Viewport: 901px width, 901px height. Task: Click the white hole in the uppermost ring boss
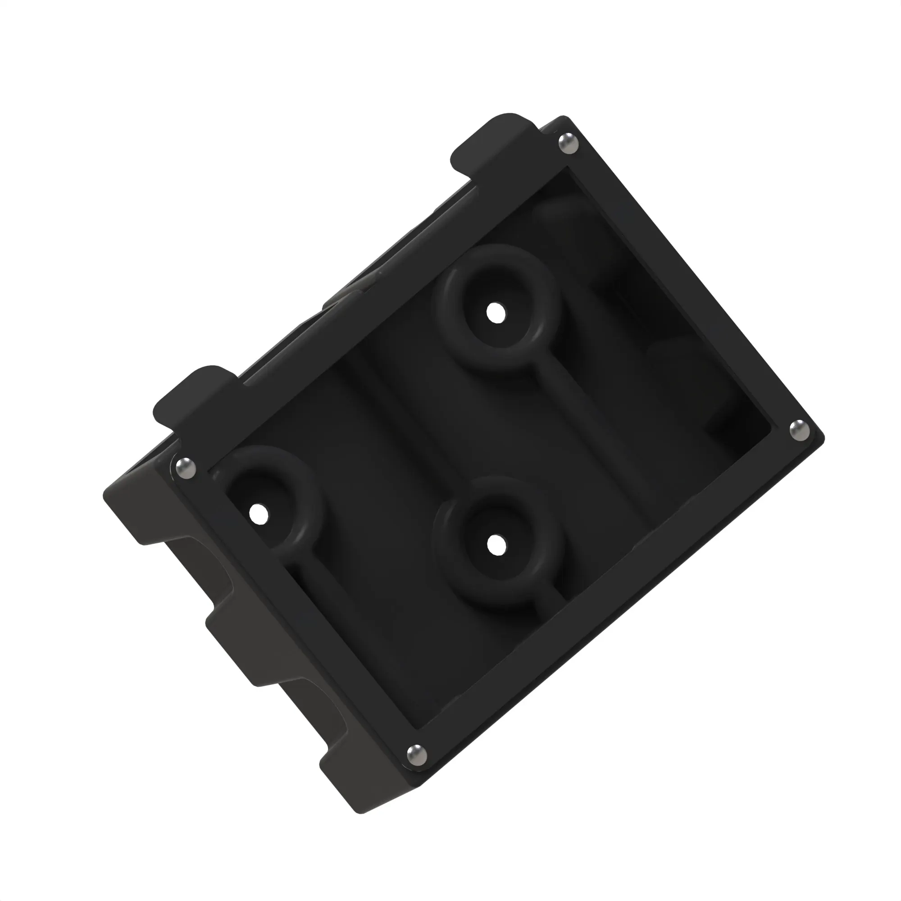click(x=496, y=313)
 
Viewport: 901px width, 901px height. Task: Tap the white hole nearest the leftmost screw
click(x=258, y=514)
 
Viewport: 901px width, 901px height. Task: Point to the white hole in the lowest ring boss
click(x=496, y=544)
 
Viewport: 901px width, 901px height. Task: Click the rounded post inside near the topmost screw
click(x=560, y=219)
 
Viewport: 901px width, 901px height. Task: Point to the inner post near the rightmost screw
click(x=728, y=420)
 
